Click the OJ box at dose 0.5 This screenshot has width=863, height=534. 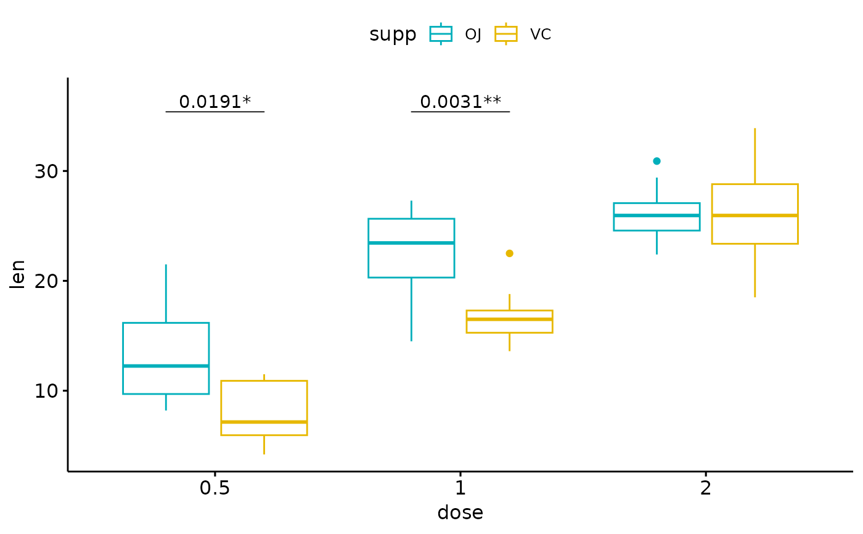[166, 358]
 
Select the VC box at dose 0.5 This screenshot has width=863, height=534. [264, 408]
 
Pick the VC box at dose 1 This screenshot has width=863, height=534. [509, 321]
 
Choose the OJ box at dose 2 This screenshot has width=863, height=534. [656, 216]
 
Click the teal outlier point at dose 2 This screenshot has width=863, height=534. [656, 161]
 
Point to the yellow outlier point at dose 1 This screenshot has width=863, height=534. [509, 253]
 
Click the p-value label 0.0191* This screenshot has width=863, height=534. [215, 102]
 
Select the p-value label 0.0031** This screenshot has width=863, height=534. [460, 102]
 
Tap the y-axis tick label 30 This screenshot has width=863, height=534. [46, 171]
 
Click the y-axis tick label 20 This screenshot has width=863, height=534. [46, 281]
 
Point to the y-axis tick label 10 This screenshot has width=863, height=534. [46, 391]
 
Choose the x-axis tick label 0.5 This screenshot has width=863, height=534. [215, 489]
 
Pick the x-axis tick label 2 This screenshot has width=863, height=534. [706, 489]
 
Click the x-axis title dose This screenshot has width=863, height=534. [460, 513]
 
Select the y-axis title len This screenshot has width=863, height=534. [18, 274]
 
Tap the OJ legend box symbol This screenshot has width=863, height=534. [441, 34]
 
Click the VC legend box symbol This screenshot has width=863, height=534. [506, 34]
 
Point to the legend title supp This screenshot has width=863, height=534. [393, 35]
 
